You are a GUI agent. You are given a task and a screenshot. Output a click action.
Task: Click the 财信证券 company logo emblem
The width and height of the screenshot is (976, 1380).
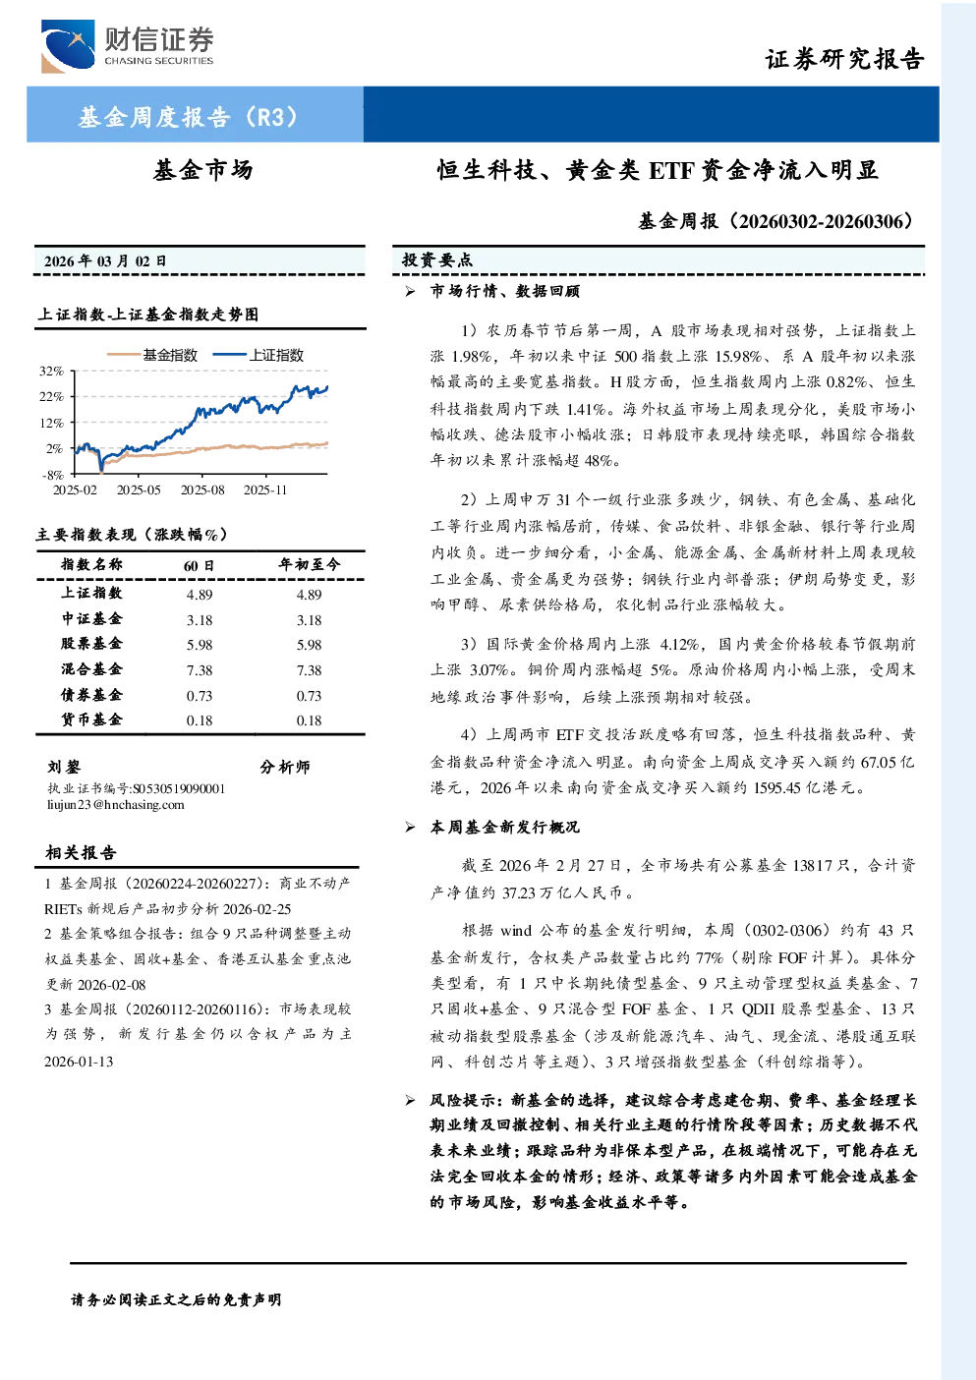pos(68,46)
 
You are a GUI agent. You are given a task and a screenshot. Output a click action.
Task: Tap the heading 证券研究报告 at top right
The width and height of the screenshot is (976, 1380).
pos(844,59)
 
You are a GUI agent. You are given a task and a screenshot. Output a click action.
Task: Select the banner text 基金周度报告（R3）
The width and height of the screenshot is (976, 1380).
pos(189,116)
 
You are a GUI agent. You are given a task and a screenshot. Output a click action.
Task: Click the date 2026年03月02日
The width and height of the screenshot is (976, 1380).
pos(105,261)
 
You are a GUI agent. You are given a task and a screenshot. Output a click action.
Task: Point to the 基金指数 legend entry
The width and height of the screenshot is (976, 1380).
pos(152,355)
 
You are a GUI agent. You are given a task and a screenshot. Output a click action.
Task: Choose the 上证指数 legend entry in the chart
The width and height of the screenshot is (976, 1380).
pos(258,355)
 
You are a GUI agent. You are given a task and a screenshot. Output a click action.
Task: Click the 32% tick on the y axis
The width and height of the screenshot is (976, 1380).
pos(51,371)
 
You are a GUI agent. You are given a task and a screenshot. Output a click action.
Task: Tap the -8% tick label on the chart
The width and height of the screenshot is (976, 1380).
pos(52,475)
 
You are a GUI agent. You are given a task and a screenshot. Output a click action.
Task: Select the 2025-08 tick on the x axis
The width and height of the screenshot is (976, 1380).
pos(202,489)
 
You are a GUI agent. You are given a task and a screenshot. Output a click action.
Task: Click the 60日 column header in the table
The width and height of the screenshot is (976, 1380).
pos(199,565)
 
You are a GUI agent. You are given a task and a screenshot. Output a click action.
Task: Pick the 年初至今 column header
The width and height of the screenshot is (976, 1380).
pos(309,564)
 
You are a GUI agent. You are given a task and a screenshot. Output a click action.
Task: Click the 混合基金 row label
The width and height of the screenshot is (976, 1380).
pos(91,669)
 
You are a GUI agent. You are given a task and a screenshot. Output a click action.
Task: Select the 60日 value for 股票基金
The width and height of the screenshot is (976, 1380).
pos(200,645)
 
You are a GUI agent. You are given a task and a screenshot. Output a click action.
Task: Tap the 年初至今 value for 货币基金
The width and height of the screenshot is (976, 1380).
pos(310,720)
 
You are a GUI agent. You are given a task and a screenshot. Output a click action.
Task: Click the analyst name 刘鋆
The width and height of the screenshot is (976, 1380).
pos(64,767)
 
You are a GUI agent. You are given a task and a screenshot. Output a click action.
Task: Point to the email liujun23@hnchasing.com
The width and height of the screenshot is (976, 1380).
pos(116,805)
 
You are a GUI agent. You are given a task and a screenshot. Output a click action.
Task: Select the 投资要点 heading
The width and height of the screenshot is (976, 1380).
pos(437,260)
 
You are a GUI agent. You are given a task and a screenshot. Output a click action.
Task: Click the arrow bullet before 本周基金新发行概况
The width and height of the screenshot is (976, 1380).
pos(410,828)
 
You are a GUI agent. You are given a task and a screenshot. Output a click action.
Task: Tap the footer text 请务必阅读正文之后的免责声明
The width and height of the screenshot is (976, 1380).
pos(176,1300)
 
